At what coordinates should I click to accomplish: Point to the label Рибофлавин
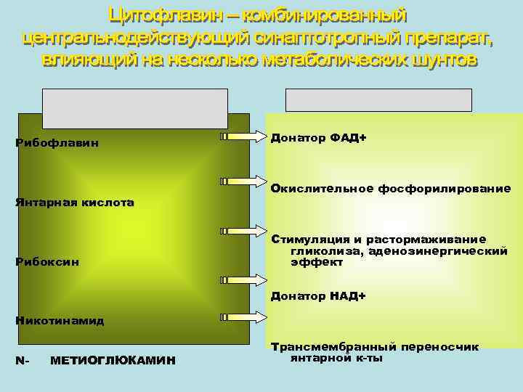[57, 143]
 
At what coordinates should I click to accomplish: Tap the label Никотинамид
[60, 320]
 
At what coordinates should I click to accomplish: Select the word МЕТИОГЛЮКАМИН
[113, 361]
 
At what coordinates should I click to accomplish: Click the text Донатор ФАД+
[318, 137]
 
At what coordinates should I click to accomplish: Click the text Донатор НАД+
[318, 296]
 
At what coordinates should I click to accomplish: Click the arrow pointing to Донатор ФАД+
[243, 136]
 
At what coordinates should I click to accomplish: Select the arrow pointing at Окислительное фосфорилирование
[243, 181]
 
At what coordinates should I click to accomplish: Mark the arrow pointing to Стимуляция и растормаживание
[243, 231]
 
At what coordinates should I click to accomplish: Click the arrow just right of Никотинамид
[243, 317]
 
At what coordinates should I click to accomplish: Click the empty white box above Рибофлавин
[134, 107]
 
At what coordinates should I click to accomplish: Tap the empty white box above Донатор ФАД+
[378, 99]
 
